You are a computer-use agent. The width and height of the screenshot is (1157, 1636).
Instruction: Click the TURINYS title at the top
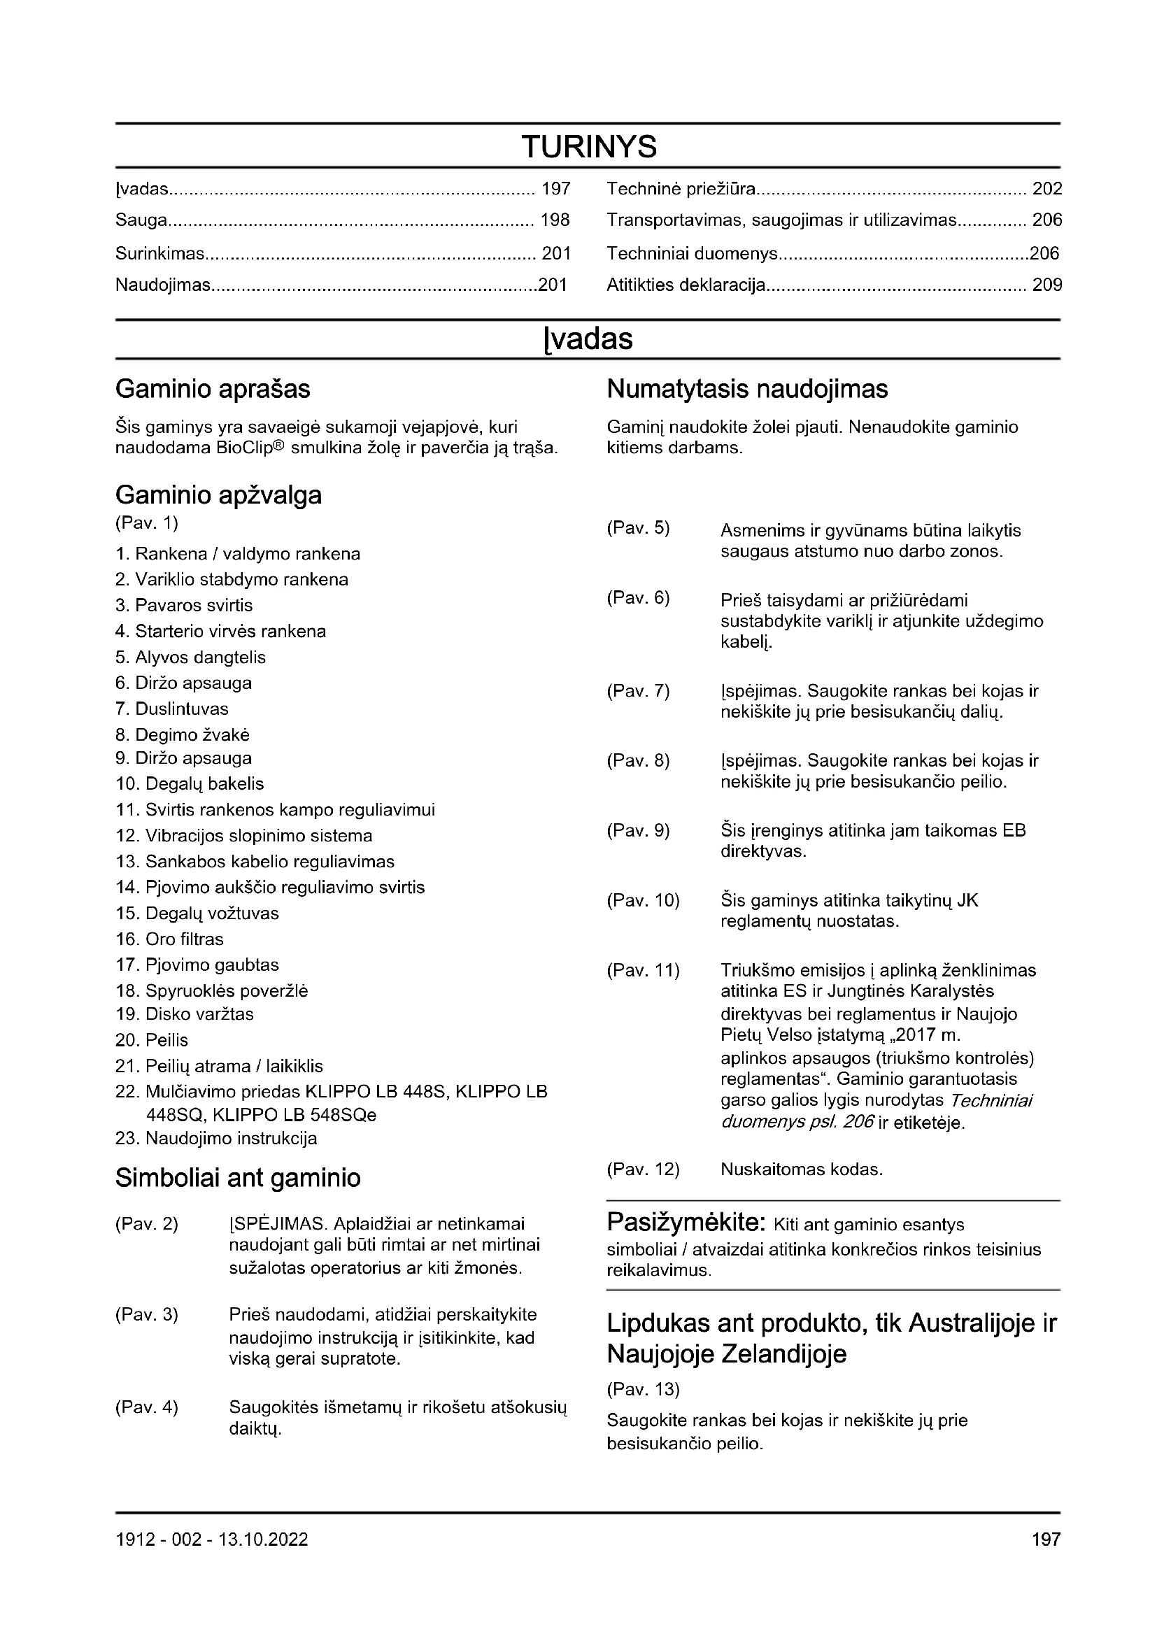tap(589, 147)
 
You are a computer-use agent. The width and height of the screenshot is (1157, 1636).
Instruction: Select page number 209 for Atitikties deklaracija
tap(1046, 285)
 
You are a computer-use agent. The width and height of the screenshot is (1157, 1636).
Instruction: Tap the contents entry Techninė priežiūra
tap(681, 189)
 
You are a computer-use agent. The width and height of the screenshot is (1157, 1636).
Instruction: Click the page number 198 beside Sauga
tap(555, 220)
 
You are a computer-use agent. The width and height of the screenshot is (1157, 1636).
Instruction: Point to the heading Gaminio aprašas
tap(213, 389)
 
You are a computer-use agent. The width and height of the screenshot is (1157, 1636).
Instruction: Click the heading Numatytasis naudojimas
tap(747, 389)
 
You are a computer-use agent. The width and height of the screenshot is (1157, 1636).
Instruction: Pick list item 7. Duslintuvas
tap(171, 709)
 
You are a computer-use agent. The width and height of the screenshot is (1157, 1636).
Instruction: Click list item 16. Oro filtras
tap(169, 939)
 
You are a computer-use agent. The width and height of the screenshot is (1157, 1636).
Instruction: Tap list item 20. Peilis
tap(152, 1040)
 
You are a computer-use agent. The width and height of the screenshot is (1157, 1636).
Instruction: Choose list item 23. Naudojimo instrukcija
tap(216, 1138)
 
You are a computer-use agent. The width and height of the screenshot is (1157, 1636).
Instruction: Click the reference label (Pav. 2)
tap(147, 1224)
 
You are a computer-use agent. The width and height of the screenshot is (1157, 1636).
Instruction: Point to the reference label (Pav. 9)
tap(639, 831)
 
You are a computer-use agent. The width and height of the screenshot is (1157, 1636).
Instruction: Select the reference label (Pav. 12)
tap(644, 1169)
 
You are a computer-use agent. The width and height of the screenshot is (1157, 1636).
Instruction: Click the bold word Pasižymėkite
tap(686, 1222)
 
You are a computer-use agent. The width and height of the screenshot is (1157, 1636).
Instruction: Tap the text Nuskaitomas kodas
tap(802, 1169)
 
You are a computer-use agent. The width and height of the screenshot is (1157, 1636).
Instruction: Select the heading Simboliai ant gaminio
tap(238, 1178)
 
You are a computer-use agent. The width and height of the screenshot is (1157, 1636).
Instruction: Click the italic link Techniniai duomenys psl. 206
tap(876, 1111)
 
